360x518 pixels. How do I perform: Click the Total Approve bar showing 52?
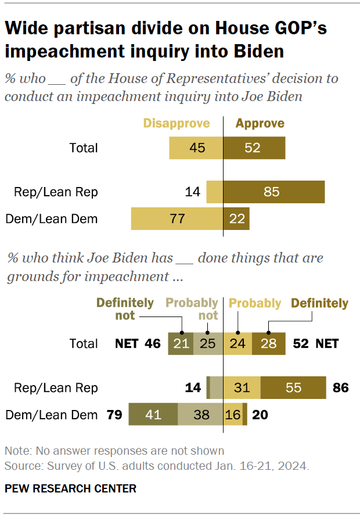click(x=254, y=148)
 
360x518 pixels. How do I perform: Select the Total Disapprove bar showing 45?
click(x=196, y=148)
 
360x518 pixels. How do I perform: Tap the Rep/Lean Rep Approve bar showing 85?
click(x=273, y=191)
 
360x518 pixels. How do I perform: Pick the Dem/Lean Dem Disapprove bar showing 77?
click(x=177, y=219)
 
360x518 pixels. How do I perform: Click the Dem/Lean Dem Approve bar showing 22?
click(x=236, y=219)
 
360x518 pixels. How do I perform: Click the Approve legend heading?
click(x=260, y=123)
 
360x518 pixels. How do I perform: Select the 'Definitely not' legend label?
click(x=125, y=309)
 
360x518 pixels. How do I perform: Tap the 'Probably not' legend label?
click(x=192, y=309)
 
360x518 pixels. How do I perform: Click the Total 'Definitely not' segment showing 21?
click(x=181, y=344)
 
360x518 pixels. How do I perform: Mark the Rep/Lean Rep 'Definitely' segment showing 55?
click(x=293, y=387)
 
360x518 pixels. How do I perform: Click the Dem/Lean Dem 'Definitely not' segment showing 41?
click(x=153, y=415)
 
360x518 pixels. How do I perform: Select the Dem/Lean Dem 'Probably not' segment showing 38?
click(x=200, y=415)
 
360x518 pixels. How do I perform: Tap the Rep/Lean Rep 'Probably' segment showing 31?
click(x=242, y=387)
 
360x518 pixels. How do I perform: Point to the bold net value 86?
click(x=340, y=387)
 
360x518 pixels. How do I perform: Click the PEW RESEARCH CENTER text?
click(x=70, y=488)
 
